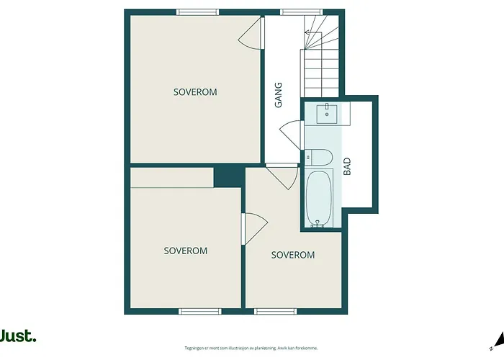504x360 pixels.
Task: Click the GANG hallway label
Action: coord(279,95)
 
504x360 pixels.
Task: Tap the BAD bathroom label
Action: coord(347,166)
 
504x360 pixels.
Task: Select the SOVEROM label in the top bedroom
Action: coord(195,92)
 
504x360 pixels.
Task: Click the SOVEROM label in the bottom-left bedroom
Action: coord(186,251)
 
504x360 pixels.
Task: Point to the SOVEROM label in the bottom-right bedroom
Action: coord(293,255)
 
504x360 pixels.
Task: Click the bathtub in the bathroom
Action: coord(318,198)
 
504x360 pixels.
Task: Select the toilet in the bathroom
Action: coord(318,158)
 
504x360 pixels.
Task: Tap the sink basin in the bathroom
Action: coord(327,114)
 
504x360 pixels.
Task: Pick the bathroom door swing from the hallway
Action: coord(291,135)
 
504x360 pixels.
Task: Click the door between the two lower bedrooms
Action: coord(255,229)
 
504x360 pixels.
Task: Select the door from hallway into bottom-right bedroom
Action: coord(282,177)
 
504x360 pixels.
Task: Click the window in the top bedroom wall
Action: coord(198,12)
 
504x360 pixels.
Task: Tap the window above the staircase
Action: coord(302,12)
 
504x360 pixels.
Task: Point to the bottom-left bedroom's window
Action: coord(200,311)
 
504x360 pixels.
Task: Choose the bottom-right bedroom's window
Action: coord(276,311)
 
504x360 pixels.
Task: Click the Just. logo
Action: coord(18,336)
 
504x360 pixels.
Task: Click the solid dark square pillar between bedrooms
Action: coord(230,177)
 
